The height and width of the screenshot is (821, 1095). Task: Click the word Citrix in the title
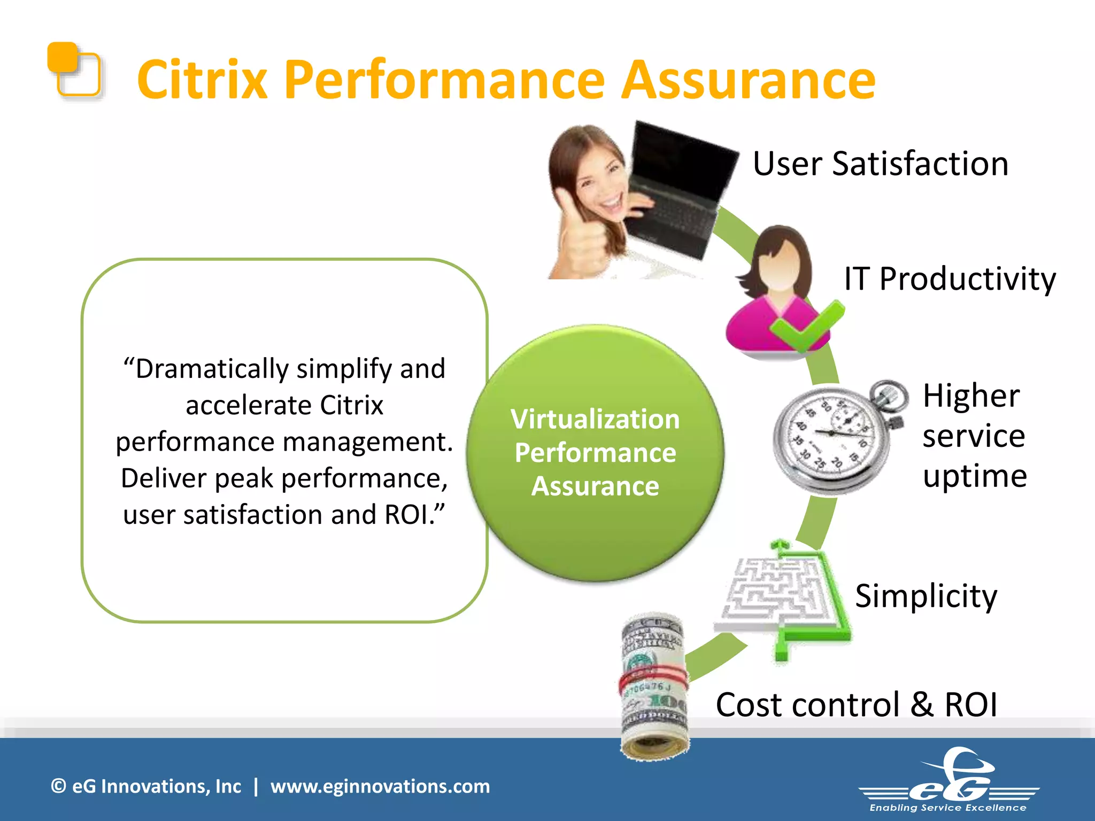pyautogui.click(x=202, y=80)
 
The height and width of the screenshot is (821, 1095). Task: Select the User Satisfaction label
pyautogui.click(x=880, y=164)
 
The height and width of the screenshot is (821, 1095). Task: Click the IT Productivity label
pyautogui.click(x=950, y=279)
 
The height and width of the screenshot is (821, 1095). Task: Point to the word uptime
pyautogui.click(x=974, y=476)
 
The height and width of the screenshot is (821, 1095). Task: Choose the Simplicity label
pyautogui.click(x=926, y=595)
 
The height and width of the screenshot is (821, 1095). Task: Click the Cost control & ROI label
pyautogui.click(x=856, y=704)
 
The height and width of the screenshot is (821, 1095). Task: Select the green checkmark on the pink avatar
pyautogui.click(x=807, y=326)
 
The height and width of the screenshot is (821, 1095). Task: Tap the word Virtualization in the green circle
pyautogui.click(x=595, y=419)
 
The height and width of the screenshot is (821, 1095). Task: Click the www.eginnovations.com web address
pyautogui.click(x=380, y=786)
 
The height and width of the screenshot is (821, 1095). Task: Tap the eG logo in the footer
pyautogui.click(x=949, y=780)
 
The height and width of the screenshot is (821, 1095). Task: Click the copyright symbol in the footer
pyautogui.click(x=58, y=786)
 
